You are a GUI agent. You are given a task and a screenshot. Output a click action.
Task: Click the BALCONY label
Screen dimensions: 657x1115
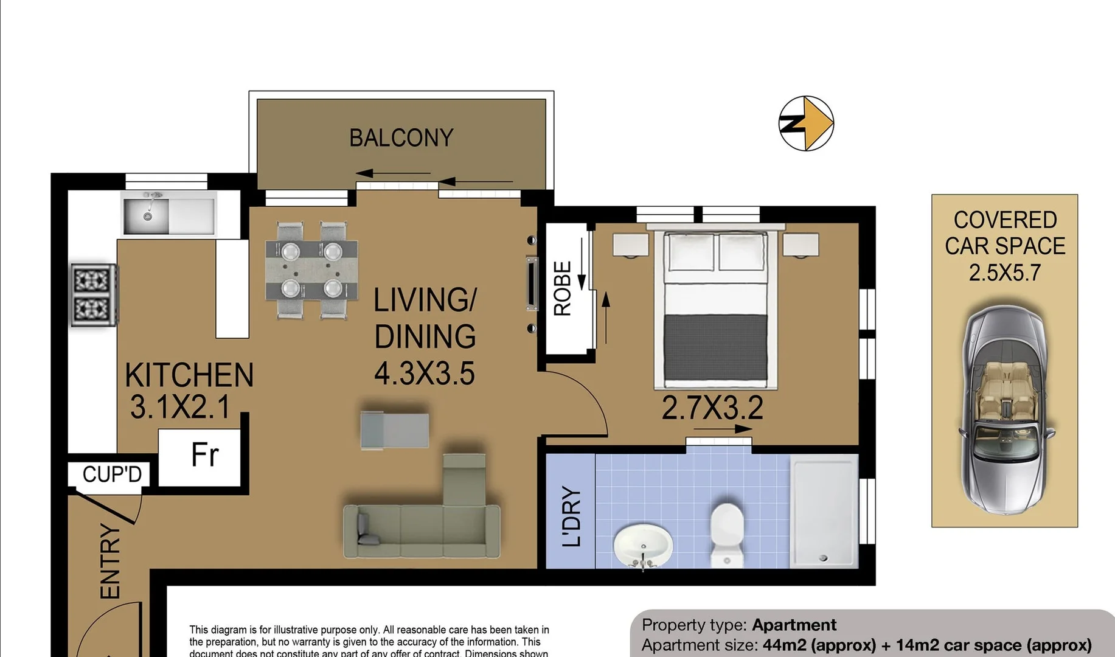click(401, 138)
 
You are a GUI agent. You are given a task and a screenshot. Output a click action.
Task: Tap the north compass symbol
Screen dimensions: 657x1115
click(806, 123)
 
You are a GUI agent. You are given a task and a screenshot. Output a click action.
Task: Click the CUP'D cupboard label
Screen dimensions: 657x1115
click(111, 474)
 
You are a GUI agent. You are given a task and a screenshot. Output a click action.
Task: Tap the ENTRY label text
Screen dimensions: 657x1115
click(110, 561)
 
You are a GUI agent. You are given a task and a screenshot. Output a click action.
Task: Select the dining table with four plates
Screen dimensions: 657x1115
click(311, 269)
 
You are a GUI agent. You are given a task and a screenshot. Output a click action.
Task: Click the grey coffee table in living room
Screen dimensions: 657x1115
click(395, 430)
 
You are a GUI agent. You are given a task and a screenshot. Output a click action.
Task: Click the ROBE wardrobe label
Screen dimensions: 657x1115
click(563, 289)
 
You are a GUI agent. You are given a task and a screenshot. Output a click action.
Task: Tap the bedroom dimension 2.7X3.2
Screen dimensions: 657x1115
click(712, 408)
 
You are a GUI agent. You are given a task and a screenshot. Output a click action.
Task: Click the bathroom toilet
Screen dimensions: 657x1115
click(728, 532)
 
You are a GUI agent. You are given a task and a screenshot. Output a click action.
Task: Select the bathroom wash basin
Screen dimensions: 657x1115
click(643, 545)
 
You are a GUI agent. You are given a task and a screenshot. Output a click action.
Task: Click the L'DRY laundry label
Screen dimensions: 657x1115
click(571, 516)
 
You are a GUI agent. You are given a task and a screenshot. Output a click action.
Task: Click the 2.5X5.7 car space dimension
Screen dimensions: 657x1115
click(1004, 273)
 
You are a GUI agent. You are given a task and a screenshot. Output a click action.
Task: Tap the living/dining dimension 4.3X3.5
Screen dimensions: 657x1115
click(424, 374)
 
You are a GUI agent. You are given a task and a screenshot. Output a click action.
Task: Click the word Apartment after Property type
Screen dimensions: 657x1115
click(794, 625)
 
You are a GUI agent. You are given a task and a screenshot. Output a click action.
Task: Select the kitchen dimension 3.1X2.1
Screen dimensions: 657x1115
click(180, 407)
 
